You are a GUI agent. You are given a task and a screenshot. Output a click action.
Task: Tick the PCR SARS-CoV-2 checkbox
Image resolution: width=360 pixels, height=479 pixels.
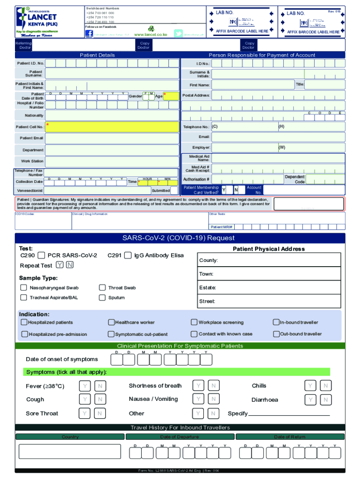pyautogui.click(x=41, y=255)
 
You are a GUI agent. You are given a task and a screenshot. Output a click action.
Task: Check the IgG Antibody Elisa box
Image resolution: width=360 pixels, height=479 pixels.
pyautogui.click(x=128, y=255)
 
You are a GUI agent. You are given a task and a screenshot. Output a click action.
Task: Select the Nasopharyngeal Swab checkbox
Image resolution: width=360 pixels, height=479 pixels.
pyautogui.click(x=23, y=288)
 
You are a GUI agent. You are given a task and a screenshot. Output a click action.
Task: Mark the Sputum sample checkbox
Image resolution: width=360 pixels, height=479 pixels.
pyautogui.click(x=102, y=298)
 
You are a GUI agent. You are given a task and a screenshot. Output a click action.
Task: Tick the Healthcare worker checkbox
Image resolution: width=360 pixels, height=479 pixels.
pyautogui.click(x=111, y=322)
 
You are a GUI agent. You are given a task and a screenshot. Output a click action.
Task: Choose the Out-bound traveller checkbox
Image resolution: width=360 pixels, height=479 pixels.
pyautogui.click(x=276, y=334)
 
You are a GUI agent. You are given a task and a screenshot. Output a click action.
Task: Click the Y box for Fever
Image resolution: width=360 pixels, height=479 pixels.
pyautogui.click(x=85, y=386)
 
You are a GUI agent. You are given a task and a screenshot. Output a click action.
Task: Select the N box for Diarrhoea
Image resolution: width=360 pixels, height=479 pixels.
pyautogui.click(x=325, y=400)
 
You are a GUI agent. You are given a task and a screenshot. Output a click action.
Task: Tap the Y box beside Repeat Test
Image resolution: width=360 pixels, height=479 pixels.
pyautogui.click(x=60, y=265)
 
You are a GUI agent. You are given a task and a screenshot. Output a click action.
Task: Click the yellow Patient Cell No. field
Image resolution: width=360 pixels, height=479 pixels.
pyautogui.click(x=112, y=127)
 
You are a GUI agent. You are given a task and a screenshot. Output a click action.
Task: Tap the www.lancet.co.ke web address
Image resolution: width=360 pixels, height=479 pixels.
pyautogui.click(x=151, y=35)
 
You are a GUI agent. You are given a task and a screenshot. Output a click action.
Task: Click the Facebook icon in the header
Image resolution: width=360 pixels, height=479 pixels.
pyautogui.click(x=89, y=34)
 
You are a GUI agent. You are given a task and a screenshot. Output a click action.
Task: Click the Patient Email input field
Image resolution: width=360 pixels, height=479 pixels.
pyautogui.click(x=112, y=138)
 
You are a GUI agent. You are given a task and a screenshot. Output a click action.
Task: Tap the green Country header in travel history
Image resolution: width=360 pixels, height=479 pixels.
pyautogui.click(x=70, y=437)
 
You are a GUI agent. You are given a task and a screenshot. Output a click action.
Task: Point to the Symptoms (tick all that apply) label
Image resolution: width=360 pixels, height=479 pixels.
pyautogui.click(x=66, y=372)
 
